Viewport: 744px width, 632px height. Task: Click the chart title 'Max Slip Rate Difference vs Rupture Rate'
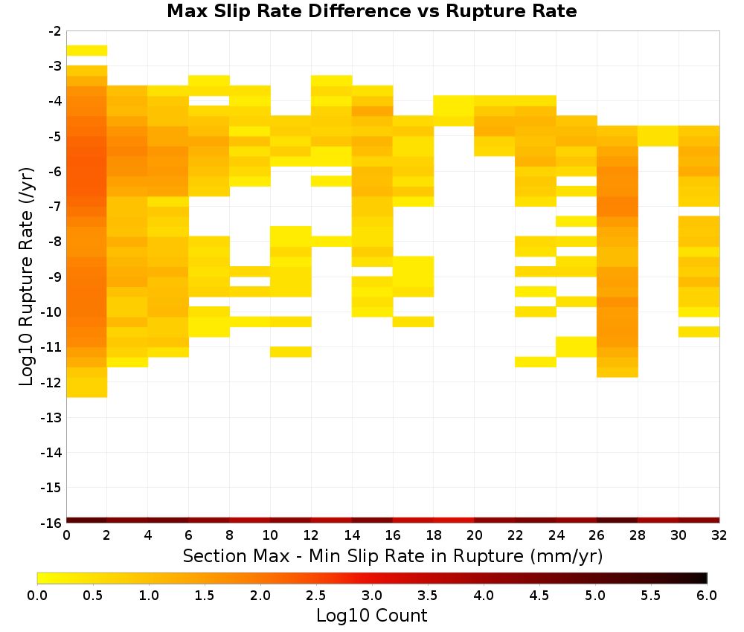[x=371, y=11]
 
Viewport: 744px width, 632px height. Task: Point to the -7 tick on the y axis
[x=55, y=206]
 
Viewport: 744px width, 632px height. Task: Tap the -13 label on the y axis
[x=52, y=417]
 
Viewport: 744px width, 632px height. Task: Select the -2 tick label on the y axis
[x=55, y=31]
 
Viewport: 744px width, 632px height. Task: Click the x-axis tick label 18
[x=434, y=535]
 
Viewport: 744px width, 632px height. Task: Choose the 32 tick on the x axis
[x=719, y=535]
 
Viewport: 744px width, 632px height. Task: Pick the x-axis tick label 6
[x=188, y=535]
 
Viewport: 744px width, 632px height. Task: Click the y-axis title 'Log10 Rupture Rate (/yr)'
[x=26, y=277]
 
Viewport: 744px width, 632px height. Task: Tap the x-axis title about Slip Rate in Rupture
[x=393, y=555]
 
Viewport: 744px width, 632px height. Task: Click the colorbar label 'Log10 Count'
[x=371, y=616]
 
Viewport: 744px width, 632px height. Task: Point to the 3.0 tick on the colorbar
[x=371, y=596]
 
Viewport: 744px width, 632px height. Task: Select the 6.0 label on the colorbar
[x=707, y=596]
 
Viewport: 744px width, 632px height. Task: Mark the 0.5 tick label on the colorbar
[x=92, y=596]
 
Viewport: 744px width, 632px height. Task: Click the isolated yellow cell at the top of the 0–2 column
[x=87, y=51]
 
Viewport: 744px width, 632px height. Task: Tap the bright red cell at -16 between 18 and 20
[x=454, y=520]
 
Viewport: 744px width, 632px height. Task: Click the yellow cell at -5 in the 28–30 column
[x=658, y=136]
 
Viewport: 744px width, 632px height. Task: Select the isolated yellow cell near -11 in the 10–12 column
[x=291, y=352]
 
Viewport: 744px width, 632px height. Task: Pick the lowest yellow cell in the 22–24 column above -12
[x=536, y=362]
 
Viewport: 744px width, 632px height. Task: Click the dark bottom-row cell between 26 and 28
[x=617, y=520]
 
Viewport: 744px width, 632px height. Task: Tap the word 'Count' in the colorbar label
[x=403, y=616]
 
